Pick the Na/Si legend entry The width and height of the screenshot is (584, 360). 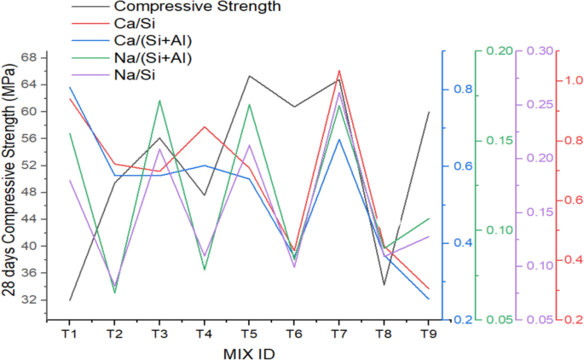[130, 75]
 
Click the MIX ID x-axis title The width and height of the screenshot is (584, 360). [248, 351]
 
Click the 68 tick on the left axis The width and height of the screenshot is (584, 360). [28, 58]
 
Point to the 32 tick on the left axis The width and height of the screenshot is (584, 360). [28, 300]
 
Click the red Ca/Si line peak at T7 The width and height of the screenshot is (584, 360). [338, 71]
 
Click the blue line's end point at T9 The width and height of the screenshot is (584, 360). [428, 299]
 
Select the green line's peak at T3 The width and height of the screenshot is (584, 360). [159, 101]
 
